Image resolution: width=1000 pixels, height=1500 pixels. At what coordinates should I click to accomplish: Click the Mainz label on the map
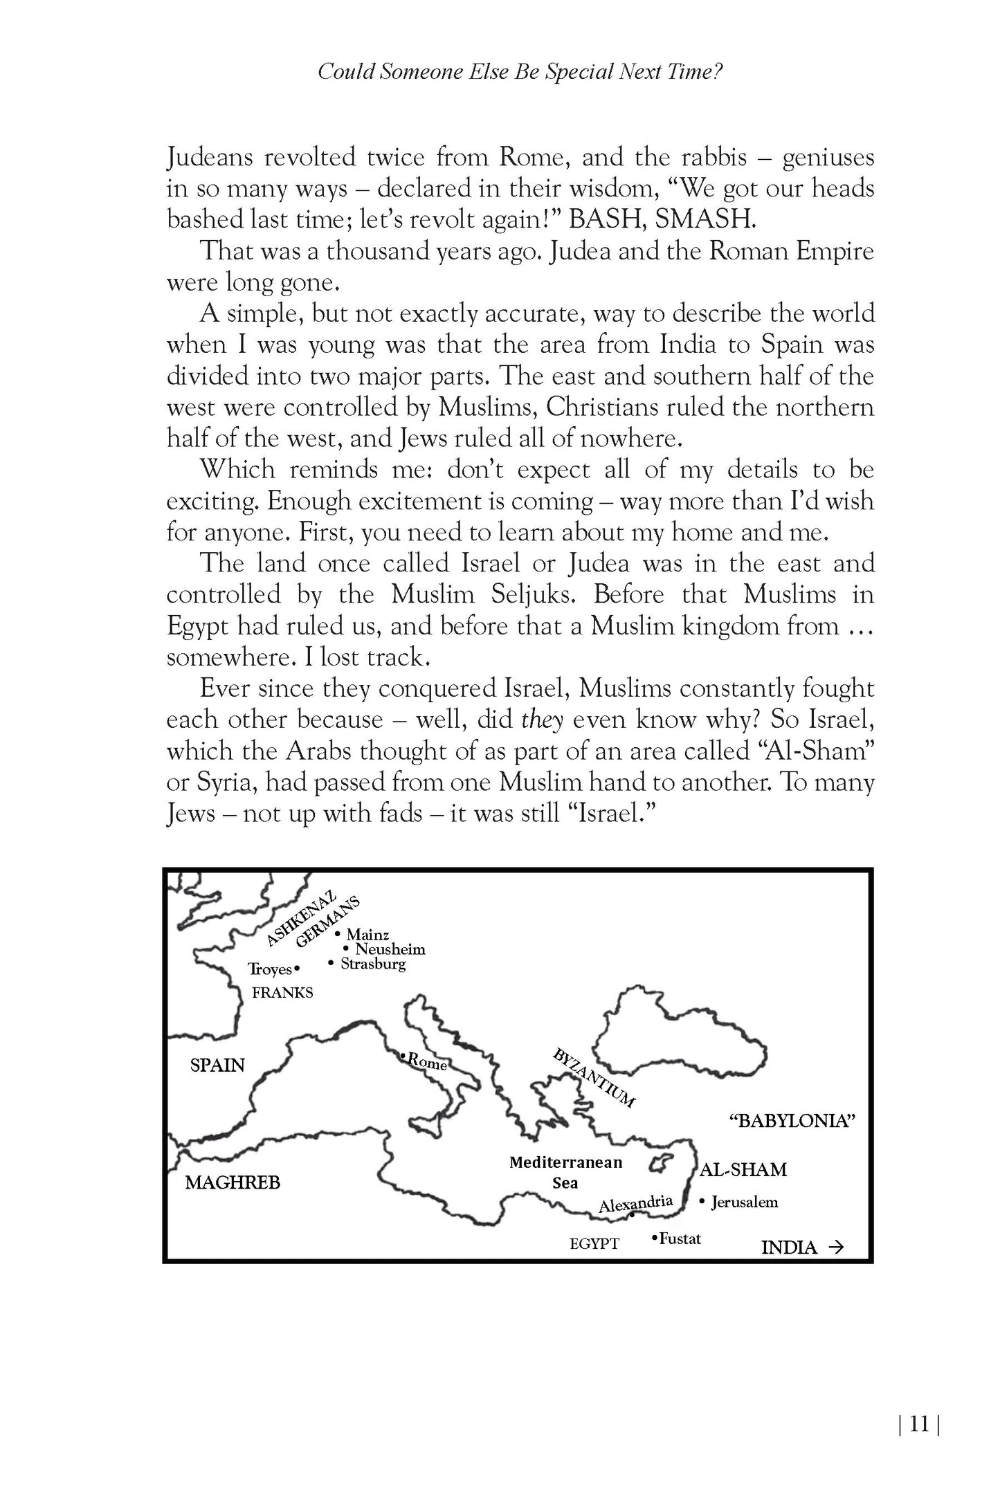tap(367, 935)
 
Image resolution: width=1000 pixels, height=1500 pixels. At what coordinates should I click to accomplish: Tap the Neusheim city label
tap(390, 949)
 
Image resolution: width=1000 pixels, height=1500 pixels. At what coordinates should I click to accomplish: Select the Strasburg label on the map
tap(372, 964)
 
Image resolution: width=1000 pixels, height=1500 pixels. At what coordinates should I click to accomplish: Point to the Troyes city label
tap(270, 969)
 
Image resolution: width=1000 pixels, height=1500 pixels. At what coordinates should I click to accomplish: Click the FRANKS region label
tap(282, 993)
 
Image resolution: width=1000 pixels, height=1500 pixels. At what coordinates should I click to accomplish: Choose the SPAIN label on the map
tap(217, 1065)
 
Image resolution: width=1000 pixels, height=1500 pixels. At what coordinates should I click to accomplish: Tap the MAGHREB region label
tap(233, 1182)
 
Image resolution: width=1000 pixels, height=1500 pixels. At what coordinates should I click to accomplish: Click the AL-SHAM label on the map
tap(743, 1170)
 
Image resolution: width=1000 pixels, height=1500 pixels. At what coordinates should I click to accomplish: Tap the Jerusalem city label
tap(744, 1202)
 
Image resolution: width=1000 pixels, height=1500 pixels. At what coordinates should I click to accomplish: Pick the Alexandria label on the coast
tap(636, 1205)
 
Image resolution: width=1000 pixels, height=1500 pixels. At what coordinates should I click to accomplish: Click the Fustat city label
tap(680, 1238)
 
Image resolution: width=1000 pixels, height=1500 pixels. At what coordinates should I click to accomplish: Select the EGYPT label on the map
tap(594, 1244)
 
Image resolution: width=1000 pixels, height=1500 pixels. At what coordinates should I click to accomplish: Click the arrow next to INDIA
tap(836, 1247)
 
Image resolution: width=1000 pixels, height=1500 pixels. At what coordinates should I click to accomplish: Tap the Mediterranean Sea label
tap(565, 1173)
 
